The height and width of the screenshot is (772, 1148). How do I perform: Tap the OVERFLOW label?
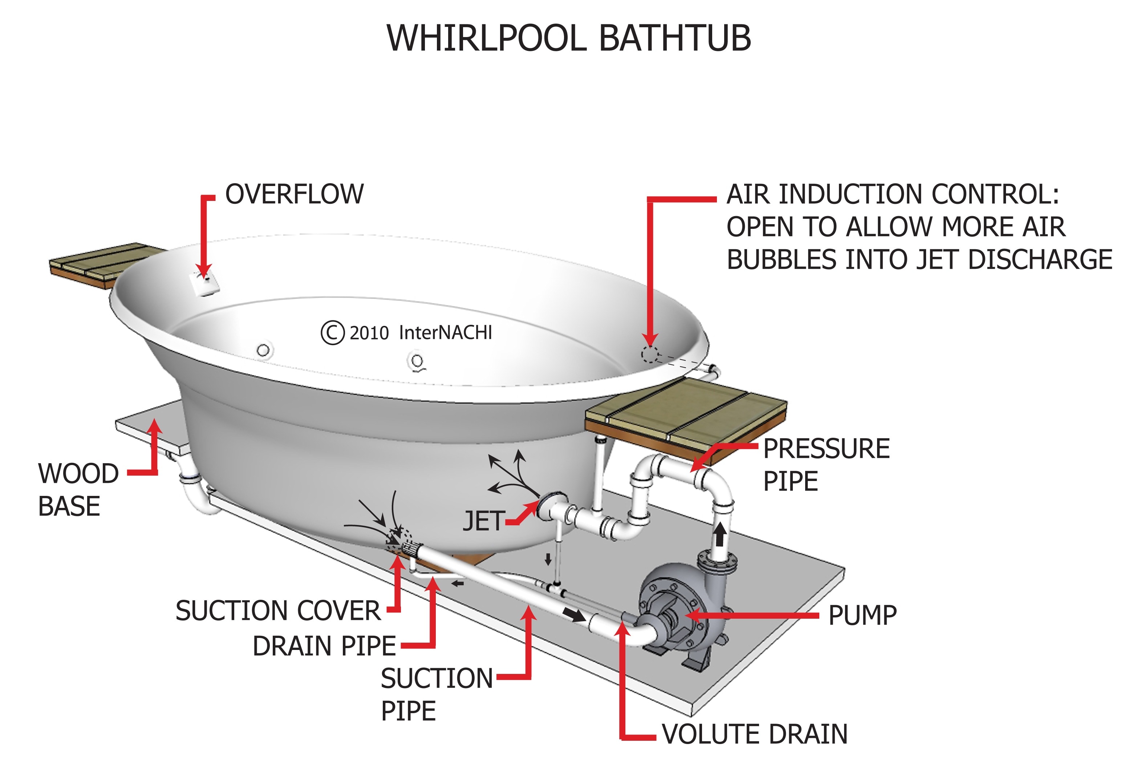coord(294,194)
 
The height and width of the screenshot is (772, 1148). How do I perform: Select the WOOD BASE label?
coord(78,489)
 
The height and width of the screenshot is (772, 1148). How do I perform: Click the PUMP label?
coord(862,615)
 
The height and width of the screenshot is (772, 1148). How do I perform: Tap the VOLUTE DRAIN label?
coord(754,734)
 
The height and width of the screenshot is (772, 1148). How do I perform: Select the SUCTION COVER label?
coord(278,611)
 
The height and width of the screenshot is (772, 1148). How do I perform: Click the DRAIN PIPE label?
coord(324,646)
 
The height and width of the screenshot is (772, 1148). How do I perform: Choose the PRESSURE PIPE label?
coord(826,464)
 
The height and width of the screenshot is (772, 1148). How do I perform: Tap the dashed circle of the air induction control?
coord(649,355)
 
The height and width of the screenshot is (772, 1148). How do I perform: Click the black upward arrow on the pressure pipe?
coord(719,534)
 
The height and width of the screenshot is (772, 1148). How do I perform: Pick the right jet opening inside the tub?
coord(417,361)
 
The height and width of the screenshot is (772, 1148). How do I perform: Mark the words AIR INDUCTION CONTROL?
coord(892,194)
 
